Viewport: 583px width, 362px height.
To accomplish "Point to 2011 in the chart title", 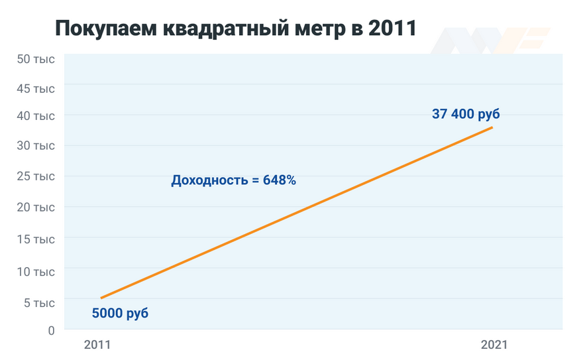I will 392,29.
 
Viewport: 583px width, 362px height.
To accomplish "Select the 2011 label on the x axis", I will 97,345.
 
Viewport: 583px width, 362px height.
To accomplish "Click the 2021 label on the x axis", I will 494,345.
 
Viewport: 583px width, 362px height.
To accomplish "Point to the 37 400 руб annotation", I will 466,114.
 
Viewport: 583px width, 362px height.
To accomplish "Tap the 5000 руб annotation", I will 120,313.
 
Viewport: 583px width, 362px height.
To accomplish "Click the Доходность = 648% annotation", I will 233,180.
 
